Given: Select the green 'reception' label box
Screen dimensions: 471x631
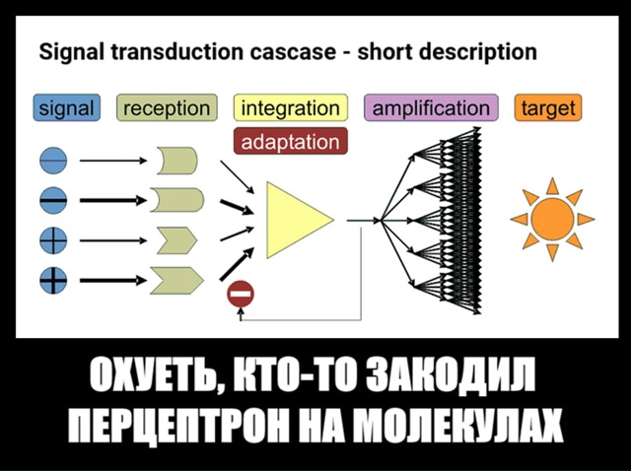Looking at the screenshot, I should pos(167,107).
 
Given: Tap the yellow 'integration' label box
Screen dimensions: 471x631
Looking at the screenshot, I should pos(289,107).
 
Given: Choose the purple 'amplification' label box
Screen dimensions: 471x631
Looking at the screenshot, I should pos(431,107).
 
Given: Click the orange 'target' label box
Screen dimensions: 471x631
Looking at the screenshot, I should pos(548,107).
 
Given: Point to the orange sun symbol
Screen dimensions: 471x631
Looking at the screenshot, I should pos(552,219).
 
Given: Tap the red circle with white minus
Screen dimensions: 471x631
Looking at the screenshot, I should pos(241,293).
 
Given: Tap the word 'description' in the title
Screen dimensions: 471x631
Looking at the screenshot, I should pos(476,51).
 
